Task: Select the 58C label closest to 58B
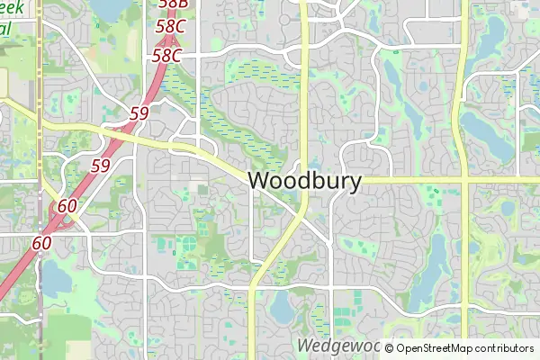pos(170,27)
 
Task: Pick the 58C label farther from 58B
pos(166,56)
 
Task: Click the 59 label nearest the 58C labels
pos(139,113)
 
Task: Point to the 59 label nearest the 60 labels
pos(100,166)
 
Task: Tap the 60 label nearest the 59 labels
pos(67,206)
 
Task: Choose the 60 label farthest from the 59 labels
pos(41,243)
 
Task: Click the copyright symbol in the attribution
pos(390,348)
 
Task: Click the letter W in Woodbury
pos(259,181)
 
